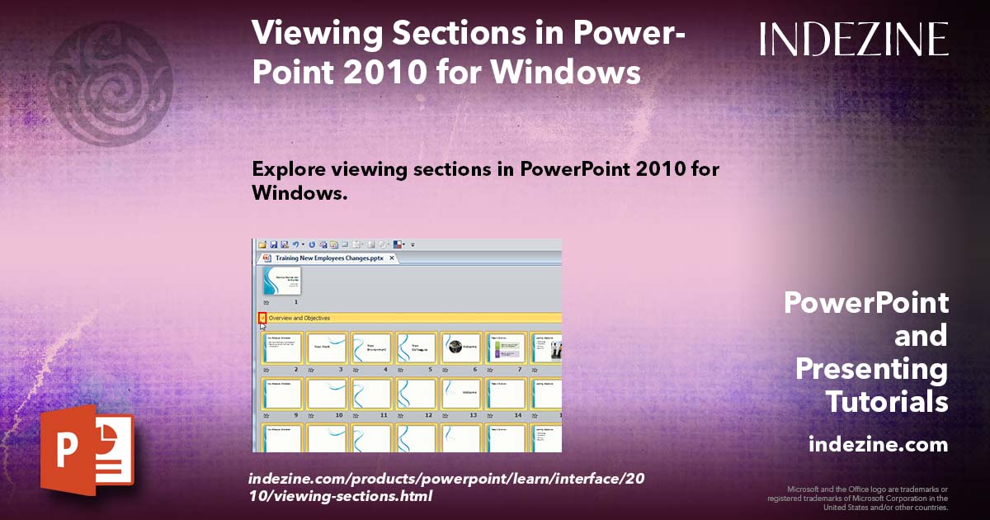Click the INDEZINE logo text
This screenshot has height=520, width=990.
pos(854,39)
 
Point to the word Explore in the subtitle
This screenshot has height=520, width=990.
pos(288,170)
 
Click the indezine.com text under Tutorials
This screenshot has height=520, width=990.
pos(878,445)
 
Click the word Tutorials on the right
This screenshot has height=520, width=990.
pos(886,402)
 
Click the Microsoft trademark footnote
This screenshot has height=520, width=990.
pos(858,498)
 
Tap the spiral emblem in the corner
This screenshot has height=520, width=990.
pos(111,72)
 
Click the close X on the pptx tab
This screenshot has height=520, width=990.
pos(393,258)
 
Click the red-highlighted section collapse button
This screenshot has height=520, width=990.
pos(262,318)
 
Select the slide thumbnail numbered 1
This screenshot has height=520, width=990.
pos(281,280)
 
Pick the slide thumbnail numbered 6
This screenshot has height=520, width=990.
pos(460,347)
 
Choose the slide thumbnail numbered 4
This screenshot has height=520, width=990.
pos(371,347)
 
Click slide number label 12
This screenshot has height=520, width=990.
pos(429,415)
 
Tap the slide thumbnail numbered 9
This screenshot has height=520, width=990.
pos(282,394)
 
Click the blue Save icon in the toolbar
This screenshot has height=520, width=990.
pos(273,244)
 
